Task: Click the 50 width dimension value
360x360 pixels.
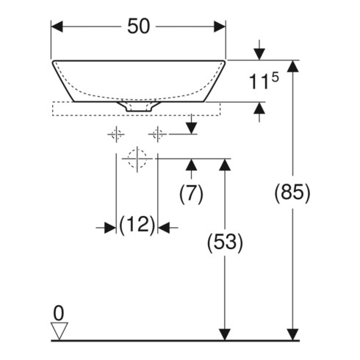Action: click(138, 26)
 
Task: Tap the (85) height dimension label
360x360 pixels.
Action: click(292, 192)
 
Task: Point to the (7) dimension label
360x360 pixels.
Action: click(191, 193)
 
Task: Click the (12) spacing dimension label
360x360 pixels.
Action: click(137, 225)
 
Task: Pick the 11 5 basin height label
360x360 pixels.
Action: click(264, 82)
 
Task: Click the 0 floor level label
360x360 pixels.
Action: click(59, 313)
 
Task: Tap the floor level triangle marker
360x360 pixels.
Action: click(60, 331)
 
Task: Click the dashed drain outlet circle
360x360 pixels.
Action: click(137, 159)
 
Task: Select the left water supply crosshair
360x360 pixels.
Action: click(116, 134)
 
